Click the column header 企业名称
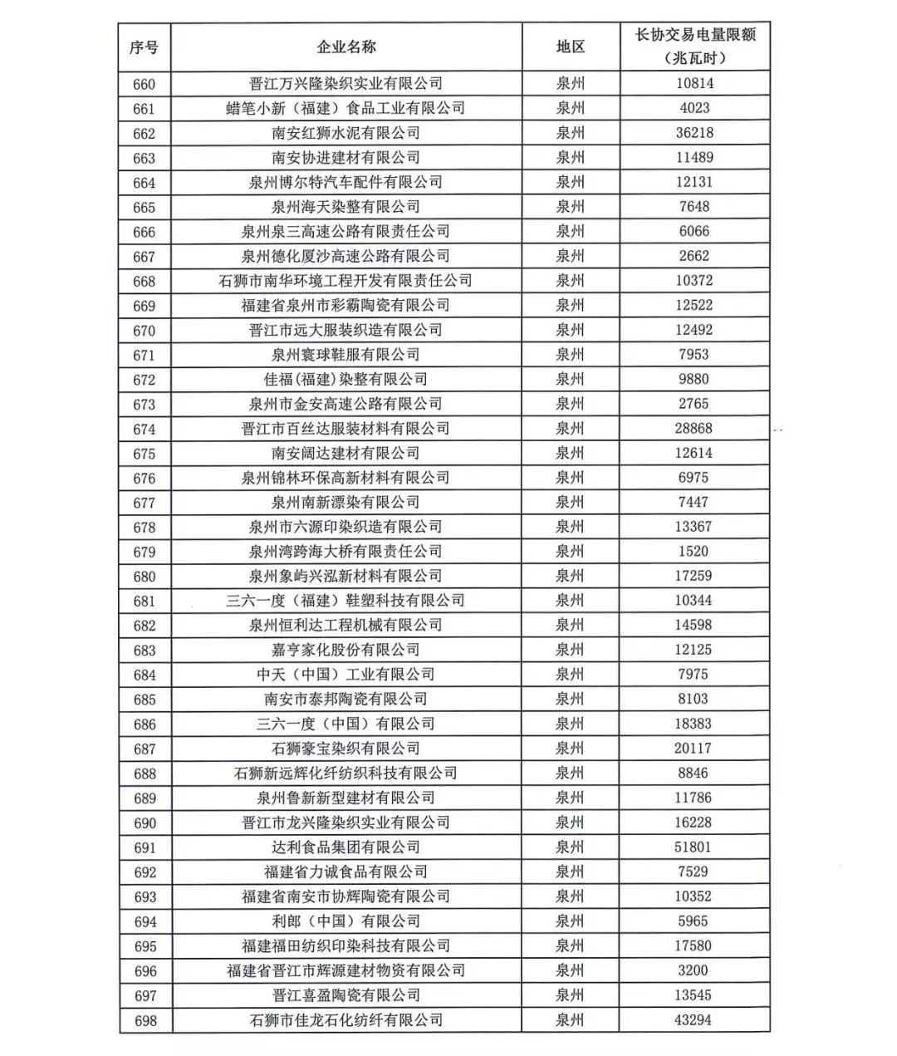(346, 47)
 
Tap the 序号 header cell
(144, 47)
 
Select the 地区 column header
(570, 47)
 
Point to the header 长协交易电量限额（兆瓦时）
(694, 47)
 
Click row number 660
(144, 84)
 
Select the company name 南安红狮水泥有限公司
(346, 133)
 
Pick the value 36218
(694, 133)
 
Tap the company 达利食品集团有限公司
(346, 847)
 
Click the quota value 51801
(694, 847)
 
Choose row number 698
(145, 1020)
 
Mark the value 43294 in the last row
(694, 1020)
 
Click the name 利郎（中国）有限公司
(346, 921)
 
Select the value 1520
(694, 552)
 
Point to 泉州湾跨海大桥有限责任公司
(346, 552)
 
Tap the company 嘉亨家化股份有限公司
(346, 650)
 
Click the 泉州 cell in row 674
(570, 429)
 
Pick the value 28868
(694, 429)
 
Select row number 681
(144, 601)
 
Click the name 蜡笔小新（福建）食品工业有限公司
(346, 108)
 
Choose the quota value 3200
(694, 970)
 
